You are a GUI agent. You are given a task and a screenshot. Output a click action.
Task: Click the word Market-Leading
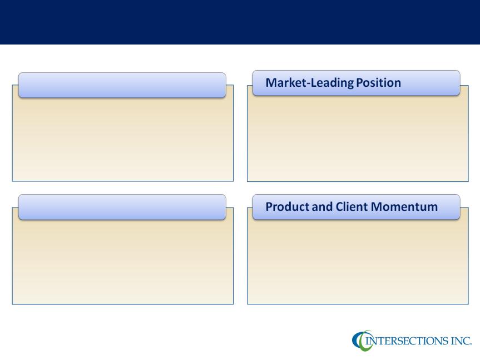[x=309, y=83]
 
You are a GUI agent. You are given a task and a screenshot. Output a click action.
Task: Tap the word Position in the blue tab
[x=378, y=83]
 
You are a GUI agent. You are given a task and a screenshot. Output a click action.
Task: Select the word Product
[x=288, y=206]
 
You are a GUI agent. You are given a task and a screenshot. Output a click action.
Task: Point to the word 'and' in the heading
[x=322, y=206]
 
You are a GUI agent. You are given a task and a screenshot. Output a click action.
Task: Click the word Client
[x=352, y=206]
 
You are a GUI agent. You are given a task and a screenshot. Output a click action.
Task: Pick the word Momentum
[x=404, y=206]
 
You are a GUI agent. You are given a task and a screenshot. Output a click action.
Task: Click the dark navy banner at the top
[x=240, y=22]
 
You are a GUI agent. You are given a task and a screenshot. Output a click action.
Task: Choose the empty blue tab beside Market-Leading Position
[x=122, y=85]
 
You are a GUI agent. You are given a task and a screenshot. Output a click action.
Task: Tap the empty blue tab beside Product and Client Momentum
[x=122, y=207]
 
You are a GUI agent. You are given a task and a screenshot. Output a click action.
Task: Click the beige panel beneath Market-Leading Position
[x=358, y=139]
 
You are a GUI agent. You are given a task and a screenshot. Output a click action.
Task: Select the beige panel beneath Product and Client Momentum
[x=358, y=262]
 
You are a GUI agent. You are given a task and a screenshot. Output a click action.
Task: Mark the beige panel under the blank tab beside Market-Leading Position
[x=123, y=139]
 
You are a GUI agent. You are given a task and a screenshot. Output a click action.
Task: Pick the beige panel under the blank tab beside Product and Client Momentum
[x=123, y=262]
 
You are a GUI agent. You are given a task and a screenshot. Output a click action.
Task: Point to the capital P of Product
[x=269, y=206]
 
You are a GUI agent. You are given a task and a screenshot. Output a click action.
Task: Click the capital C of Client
[x=340, y=206]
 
